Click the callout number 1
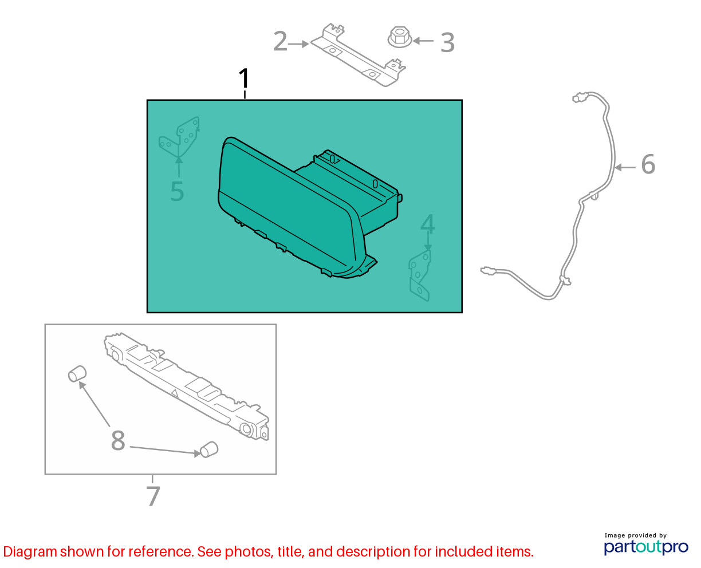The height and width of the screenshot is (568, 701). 243,78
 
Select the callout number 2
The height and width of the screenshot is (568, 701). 281,41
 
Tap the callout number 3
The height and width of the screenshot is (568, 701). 447,43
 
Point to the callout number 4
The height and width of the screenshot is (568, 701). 427,223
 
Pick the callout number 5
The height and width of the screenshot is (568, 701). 177,191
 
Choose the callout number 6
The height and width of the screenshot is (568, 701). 648,164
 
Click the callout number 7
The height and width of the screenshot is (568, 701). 153,496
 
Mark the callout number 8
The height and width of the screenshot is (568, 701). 118,440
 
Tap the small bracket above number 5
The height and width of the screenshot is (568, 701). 179,137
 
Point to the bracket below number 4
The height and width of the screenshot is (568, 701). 420,275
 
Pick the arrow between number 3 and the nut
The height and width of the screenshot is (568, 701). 423,41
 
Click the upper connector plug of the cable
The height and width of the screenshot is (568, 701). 578,98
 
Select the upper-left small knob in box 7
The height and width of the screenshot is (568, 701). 77,374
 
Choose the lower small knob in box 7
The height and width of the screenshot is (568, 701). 209,449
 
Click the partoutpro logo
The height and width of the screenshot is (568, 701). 646,547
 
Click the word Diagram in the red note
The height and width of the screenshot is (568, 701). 30,552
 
